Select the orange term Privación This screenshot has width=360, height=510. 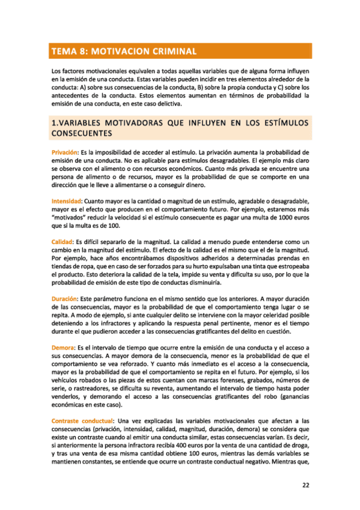click(x=66, y=153)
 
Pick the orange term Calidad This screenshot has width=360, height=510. click(x=63, y=241)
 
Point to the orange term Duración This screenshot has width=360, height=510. click(x=64, y=299)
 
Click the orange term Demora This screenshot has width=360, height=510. click(x=62, y=348)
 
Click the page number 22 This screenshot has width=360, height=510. click(x=305, y=485)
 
